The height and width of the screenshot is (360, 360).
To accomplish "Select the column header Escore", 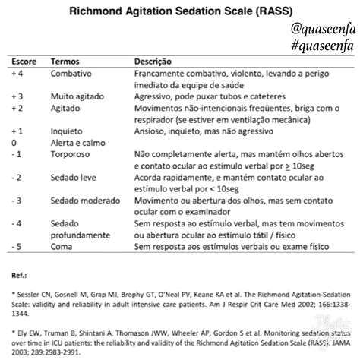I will [24, 60].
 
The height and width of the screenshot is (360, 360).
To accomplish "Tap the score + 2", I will [17, 109].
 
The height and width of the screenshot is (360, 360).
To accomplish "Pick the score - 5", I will [16, 247].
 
